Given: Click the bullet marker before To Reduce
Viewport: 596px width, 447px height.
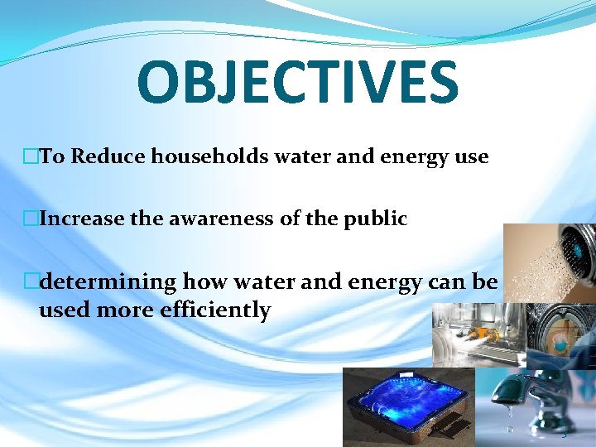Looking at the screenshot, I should pos(31,156).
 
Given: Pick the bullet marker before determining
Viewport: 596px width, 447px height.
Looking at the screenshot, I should pos(31,282).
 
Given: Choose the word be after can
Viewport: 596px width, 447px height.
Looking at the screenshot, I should pos(483,282).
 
